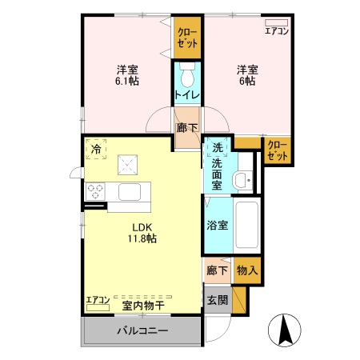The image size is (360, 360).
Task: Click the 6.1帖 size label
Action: (x=127, y=81)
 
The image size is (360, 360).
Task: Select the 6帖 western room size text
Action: (x=246, y=81)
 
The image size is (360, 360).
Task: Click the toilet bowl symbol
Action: (x=187, y=78)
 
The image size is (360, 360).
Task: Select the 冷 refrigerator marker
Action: (x=96, y=149)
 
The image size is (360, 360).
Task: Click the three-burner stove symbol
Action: (x=96, y=191)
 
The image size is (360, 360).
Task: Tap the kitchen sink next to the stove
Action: (x=130, y=192)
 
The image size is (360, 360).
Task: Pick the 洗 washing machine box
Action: (x=217, y=148)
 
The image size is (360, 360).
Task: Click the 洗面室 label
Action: (x=217, y=174)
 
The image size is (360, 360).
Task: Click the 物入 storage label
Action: (x=248, y=270)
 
